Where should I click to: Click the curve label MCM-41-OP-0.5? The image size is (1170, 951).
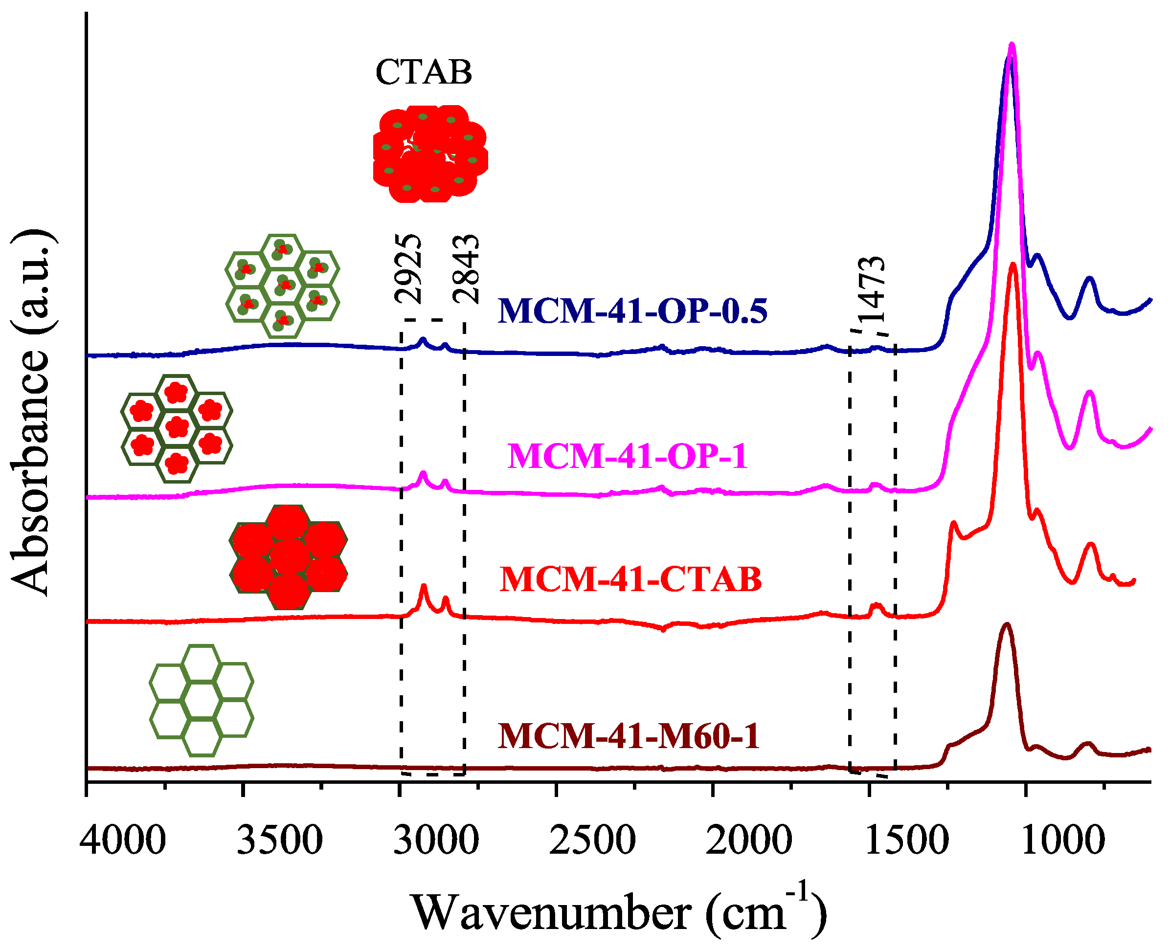[x=632, y=311]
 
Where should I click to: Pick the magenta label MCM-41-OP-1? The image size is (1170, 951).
[x=628, y=456]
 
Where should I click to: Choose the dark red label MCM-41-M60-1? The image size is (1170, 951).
[x=629, y=736]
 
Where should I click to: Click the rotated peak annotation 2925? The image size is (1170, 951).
[x=409, y=268]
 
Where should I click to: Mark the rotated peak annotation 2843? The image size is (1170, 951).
[x=466, y=268]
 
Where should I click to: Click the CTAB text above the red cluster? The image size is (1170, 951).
[x=424, y=72]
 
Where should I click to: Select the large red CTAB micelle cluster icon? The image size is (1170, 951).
[x=430, y=155]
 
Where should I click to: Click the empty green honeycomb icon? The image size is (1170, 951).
[x=202, y=700]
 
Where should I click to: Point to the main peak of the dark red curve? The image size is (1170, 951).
[x=1006, y=624]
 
